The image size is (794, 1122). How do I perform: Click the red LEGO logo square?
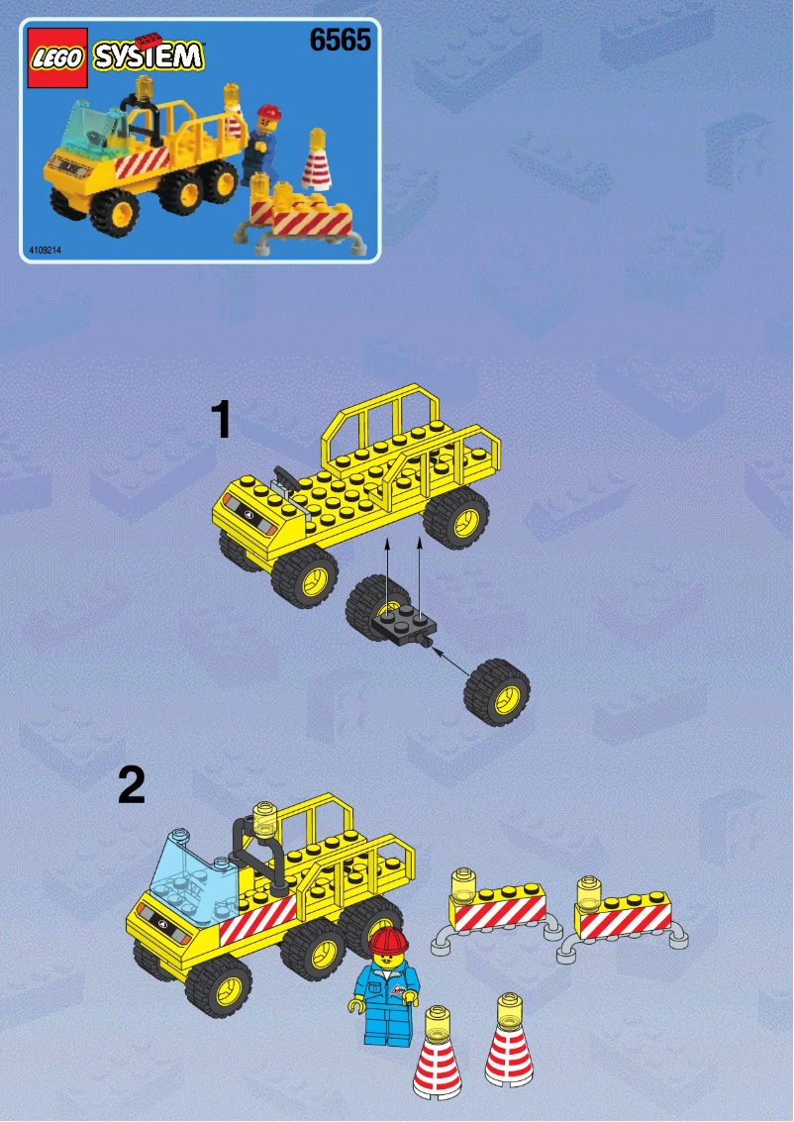pyautogui.click(x=57, y=59)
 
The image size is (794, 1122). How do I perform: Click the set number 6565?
pyautogui.click(x=340, y=42)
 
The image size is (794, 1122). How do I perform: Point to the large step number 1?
pyautogui.click(x=222, y=421)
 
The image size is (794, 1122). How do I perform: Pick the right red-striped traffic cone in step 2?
pyautogui.click(x=509, y=1048)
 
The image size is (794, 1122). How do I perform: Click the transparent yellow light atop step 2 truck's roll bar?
pyautogui.click(x=262, y=814)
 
